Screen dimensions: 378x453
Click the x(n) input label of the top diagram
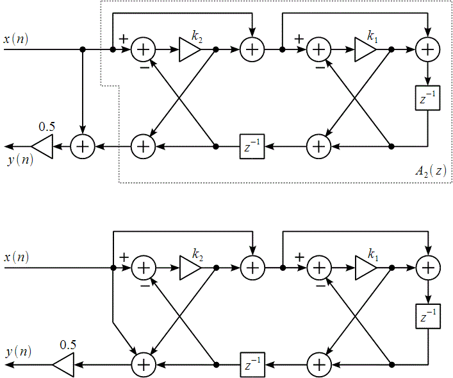click(x=16, y=40)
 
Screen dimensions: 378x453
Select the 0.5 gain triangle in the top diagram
click(x=42, y=146)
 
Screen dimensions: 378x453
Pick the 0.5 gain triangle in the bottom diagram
click(x=63, y=365)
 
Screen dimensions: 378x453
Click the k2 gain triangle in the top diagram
click(x=190, y=49)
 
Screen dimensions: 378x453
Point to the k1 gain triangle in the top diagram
click(x=365, y=49)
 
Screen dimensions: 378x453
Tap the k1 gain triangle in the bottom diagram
click(x=365, y=267)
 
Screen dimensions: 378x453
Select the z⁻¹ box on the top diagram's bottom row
click(x=252, y=146)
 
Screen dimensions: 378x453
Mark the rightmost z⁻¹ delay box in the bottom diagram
click(x=427, y=316)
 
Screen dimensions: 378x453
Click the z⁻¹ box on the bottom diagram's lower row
click(x=252, y=365)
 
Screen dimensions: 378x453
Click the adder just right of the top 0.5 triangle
click(x=83, y=146)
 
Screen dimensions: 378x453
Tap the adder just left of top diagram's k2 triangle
click(x=144, y=49)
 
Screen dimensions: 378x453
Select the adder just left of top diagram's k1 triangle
click(x=318, y=49)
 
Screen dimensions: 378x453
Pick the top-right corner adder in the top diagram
click(x=427, y=49)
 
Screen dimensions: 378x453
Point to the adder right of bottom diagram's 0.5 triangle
click(x=144, y=365)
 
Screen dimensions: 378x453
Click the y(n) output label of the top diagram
click(x=20, y=159)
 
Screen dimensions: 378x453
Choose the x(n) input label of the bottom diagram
click(x=16, y=258)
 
